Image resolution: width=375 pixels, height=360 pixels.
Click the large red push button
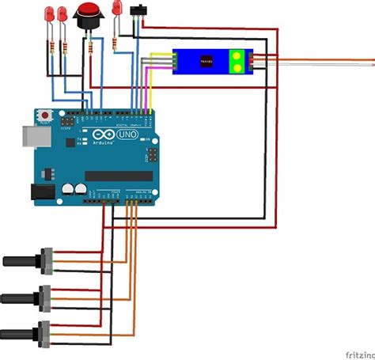(88, 13)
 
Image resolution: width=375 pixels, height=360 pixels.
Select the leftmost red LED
(50, 15)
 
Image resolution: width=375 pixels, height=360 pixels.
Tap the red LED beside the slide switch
(118, 8)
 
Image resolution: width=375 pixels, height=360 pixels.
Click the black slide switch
(142, 10)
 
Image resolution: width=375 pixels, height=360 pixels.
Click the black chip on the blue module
(206, 61)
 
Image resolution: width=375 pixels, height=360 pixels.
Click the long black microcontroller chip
(119, 176)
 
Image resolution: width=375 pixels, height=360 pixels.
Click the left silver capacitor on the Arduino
(68, 189)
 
